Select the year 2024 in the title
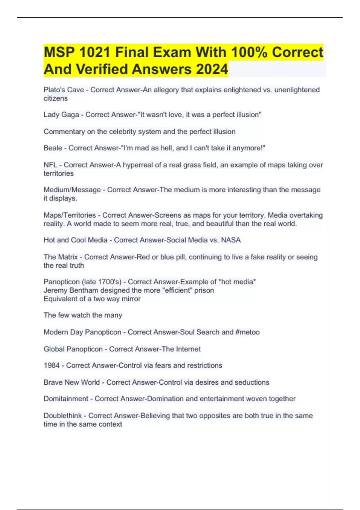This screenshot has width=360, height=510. [x=212, y=69]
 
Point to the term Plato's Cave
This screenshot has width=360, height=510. [x=64, y=90]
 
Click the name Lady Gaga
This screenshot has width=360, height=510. [x=61, y=115]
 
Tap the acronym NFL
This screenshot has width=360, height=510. [x=50, y=165]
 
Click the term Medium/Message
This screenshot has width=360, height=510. [x=72, y=190]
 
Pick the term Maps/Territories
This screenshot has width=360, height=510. [x=70, y=215]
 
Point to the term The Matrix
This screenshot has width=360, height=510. [x=61, y=257]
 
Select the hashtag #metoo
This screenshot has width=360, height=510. [x=248, y=332]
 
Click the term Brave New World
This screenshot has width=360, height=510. [x=71, y=382]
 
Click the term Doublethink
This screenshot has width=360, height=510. [x=62, y=415]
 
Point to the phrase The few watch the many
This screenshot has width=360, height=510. [x=83, y=315]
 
